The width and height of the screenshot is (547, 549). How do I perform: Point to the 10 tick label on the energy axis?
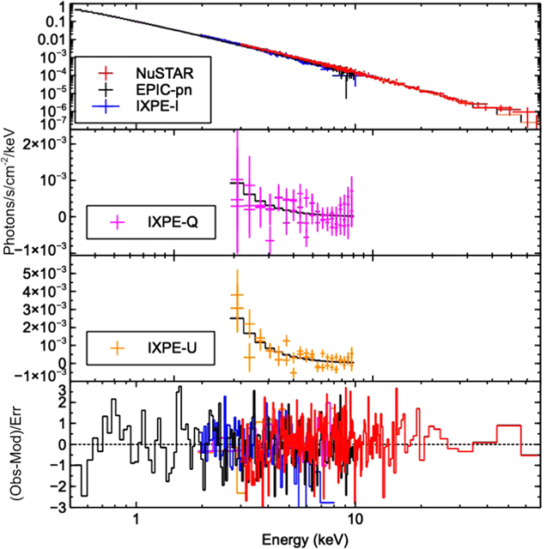[x=355, y=520]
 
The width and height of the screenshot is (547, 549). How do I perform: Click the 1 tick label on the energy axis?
[x=137, y=520]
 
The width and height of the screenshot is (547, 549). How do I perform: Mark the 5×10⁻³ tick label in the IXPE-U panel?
[x=46, y=273]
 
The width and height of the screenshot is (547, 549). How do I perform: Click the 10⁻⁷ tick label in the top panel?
[x=52, y=124]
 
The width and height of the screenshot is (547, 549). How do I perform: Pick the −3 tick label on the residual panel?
[x=58, y=507]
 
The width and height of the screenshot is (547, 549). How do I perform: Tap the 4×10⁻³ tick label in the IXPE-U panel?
[x=46, y=291]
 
